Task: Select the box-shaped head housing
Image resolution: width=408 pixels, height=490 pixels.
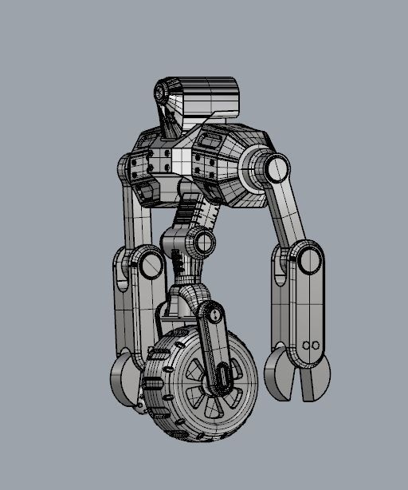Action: pos(209,97)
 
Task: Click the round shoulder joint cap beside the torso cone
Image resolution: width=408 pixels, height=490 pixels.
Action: pos(277,169)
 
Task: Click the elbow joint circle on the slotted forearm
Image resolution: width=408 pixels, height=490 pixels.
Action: pos(148,263)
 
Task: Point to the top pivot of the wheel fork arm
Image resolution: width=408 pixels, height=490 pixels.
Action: pos(211,314)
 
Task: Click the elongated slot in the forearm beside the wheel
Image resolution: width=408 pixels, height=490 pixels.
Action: pos(121,272)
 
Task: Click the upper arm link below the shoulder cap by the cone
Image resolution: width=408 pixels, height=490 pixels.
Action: pos(288,211)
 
